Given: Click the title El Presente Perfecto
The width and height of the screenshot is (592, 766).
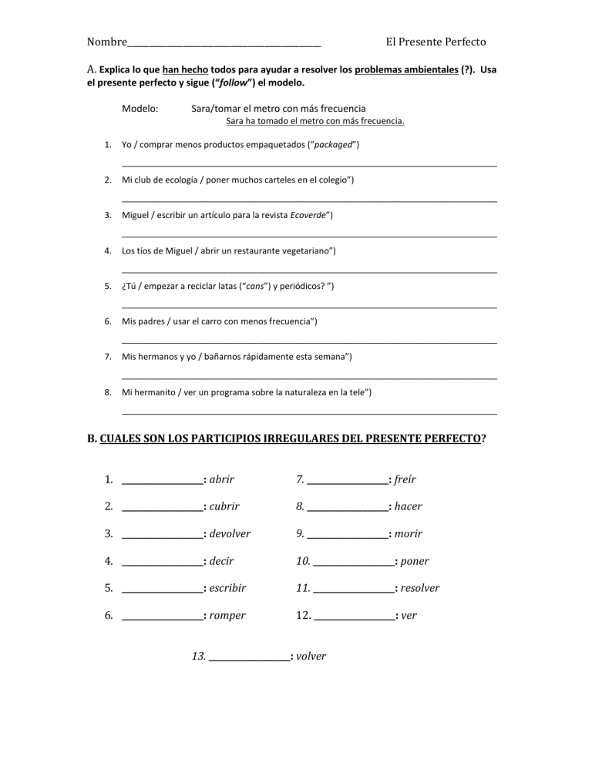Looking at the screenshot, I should pos(436,42).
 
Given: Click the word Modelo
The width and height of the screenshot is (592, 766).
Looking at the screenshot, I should pos(140,109).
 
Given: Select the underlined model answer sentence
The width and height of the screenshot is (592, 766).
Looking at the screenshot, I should pos(315,122).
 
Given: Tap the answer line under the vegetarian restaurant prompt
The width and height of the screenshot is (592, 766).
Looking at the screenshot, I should pos(309,272).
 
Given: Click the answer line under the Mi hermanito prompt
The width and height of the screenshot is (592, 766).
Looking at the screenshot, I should pos(309,415).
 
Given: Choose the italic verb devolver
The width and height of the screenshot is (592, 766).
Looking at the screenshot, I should pos(230,533).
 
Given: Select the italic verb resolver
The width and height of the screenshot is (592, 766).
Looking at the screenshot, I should pos(420,587).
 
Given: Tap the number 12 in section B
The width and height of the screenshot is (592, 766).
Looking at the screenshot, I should pos(303,615).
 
